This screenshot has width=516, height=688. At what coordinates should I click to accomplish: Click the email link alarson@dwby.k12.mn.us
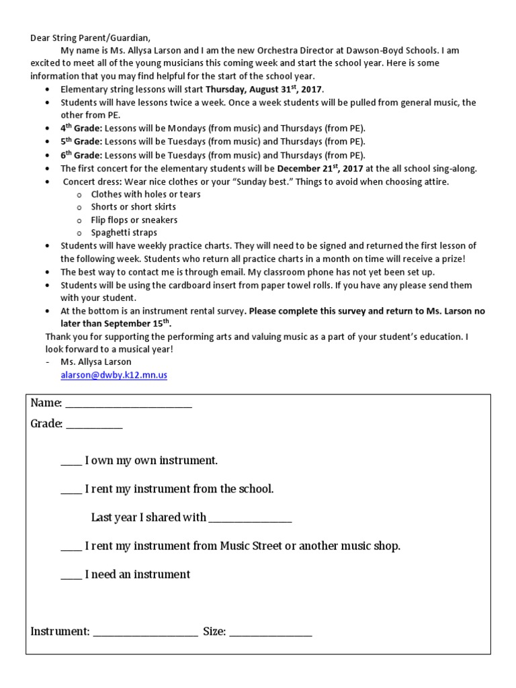click(114, 376)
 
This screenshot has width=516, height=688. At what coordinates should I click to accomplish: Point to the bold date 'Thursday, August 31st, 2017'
click(265, 89)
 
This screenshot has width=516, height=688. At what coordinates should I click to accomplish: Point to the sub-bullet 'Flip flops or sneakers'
click(134, 220)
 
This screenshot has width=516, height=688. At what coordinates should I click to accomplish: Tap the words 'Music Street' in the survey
click(251, 546)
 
